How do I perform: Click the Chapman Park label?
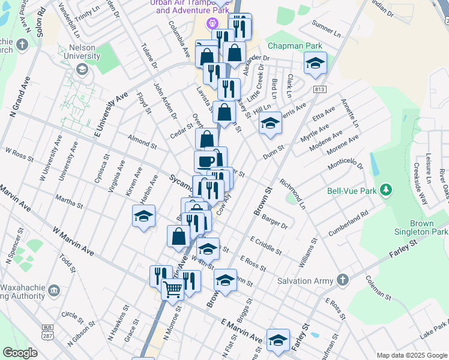click(x=295, y=46)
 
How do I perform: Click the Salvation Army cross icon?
click(x=342, y=280)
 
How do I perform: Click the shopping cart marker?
click(x=172, y=290)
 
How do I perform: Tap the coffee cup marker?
click(x=206, y=161)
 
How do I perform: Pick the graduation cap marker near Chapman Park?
click(x=315, y=64)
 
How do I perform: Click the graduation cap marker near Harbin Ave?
click(x=143, y=217)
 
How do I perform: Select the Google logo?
click(x=20, y=353)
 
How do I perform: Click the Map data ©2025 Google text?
click(x=411, y=355)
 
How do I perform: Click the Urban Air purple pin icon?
click(x=211, y=24)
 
